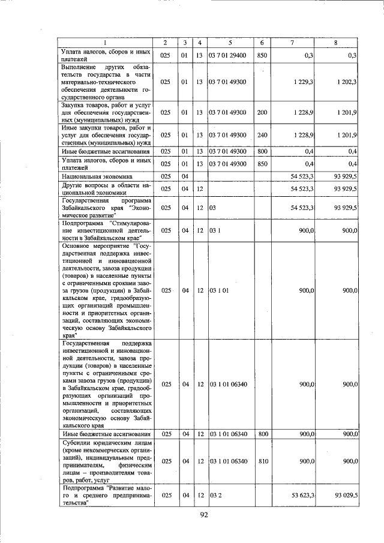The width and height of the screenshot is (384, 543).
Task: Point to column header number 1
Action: (105, 42)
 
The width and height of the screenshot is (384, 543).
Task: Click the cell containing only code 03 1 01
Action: (218, 290)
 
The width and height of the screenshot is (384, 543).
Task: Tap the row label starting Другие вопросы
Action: (105, 189)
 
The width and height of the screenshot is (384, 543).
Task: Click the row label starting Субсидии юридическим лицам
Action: (105, 461)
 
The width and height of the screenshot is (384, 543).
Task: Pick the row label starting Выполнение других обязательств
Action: (105, 82)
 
